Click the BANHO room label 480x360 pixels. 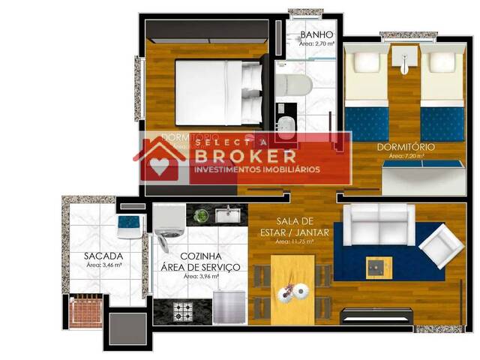316,35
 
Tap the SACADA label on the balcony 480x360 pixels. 103,256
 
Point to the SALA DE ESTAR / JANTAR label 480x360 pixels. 292,226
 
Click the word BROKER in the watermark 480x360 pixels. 244,156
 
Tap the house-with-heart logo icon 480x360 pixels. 160,159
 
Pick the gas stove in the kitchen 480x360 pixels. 183,310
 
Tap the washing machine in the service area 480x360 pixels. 169,223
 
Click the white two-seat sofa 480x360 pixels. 378,223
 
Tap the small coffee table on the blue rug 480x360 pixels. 378,266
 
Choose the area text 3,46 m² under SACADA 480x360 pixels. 103,265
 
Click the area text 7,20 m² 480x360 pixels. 406,157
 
